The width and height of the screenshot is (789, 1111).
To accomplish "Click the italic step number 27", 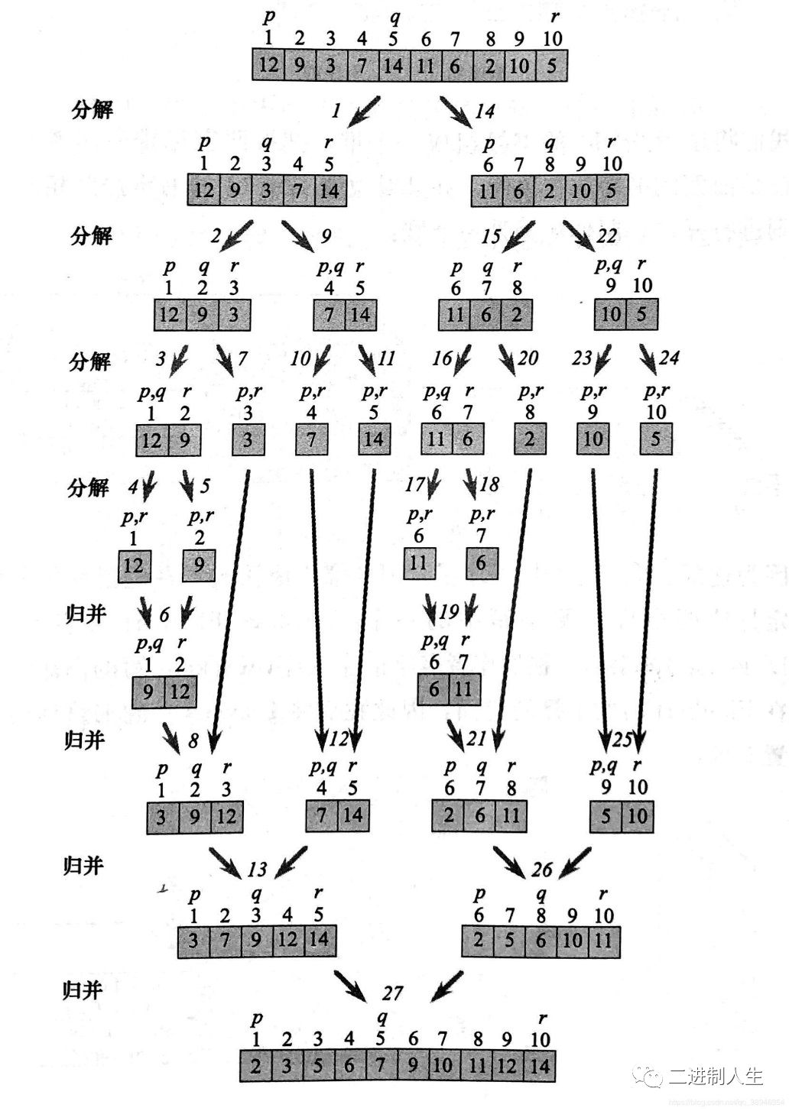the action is click(392, 993).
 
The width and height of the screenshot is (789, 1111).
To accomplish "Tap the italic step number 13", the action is click(258, 869).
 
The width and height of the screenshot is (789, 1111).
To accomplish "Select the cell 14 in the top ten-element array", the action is click(393, 66).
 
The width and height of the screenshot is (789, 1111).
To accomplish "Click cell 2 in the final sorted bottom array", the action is click(255, 1065).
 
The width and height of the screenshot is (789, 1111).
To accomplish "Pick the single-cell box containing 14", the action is click(374, 439).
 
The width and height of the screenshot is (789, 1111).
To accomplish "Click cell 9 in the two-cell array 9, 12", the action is click(148, 692).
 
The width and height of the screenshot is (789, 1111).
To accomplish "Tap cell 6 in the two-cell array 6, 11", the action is click(433, 689).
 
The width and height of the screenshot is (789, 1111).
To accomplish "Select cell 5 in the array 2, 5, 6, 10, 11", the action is click(510, 940).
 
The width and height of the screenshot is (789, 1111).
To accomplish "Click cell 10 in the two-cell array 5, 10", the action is click(637, 816).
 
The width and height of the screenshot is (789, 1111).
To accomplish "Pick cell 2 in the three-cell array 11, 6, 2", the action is click(517, 314).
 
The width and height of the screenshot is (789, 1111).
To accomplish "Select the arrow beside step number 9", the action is click(297, 234).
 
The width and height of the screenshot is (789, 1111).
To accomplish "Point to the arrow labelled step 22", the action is click(579, 234).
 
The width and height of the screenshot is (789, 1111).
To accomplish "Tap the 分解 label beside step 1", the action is click(92, 110).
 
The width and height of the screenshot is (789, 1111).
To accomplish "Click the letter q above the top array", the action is click(394, 15).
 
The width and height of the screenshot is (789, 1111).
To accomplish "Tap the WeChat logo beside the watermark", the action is click(654, 1076).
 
